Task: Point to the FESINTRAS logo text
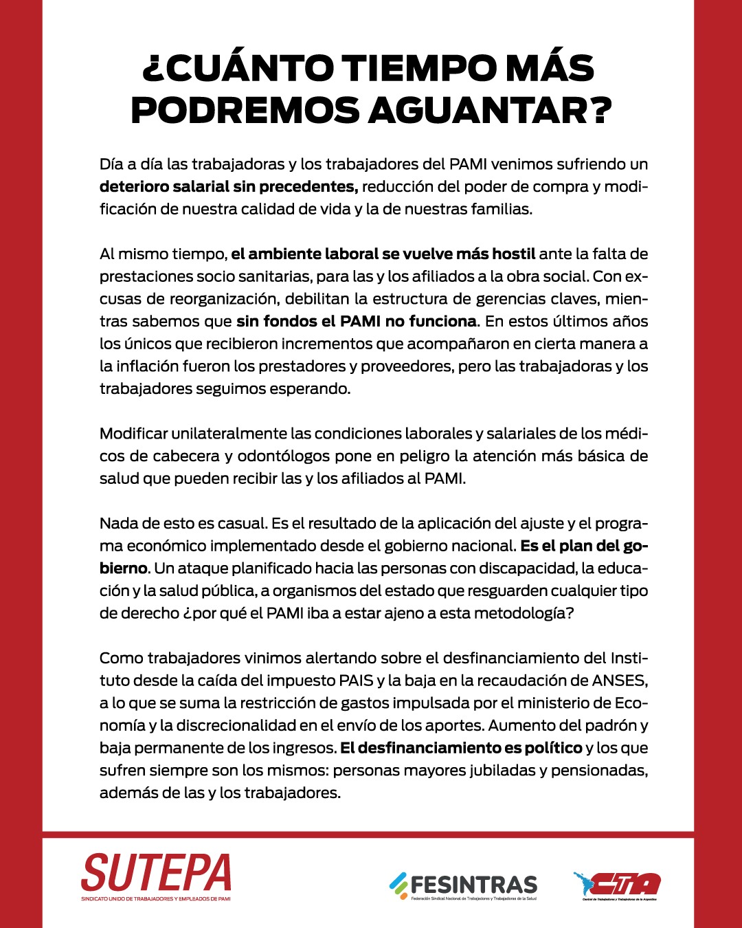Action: pos(473,884)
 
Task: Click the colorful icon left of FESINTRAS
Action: pos(398,884)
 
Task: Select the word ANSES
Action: pos(618,681)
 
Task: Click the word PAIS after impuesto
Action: pos(357,681)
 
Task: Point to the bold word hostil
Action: pos(513,254)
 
